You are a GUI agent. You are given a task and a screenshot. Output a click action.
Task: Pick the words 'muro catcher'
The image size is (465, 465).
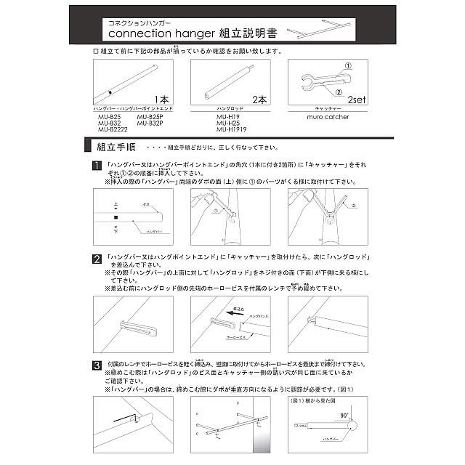(x=328, y=116)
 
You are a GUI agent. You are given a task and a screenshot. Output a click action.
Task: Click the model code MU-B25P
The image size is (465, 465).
(x=150, y=116)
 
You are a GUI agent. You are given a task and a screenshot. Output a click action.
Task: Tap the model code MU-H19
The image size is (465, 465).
(x=228, y=116)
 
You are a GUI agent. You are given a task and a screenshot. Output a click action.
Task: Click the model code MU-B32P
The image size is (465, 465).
(x=150, y=123)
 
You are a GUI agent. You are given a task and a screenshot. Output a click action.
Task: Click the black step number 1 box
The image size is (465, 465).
(x=97, y=166)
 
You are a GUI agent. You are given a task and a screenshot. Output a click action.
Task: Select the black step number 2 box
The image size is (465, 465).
(x=97, y=257)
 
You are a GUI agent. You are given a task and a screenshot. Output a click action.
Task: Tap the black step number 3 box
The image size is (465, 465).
(x=97, y=364)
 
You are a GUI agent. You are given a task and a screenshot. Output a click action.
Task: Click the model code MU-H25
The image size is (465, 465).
(x=228, y=123)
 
